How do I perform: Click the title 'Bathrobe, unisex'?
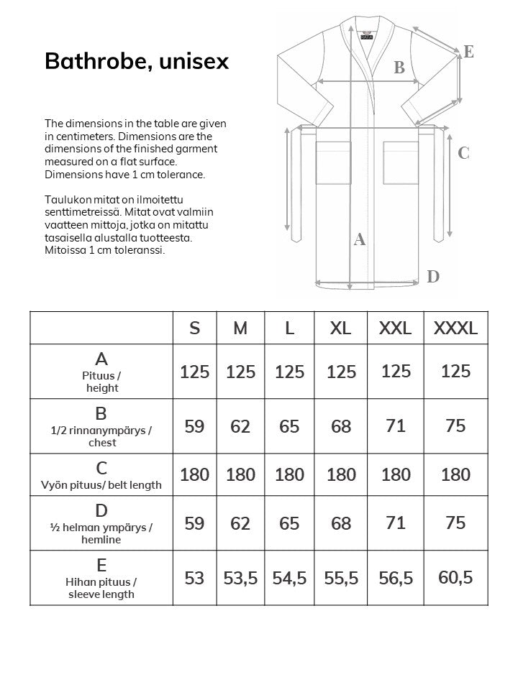pos(137,62)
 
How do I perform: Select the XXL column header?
pos(395,328)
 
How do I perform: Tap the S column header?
pos(194,328)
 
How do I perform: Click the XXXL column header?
pos(455,328)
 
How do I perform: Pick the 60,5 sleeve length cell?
pos(455,576)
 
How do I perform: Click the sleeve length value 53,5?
pos(240,578)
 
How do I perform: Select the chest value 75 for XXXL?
pos(455,425)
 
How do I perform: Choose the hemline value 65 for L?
pos(289,523)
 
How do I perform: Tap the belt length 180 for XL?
pos(341,475)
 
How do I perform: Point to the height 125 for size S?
pos(194,372)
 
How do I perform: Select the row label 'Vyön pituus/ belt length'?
pos(101,484)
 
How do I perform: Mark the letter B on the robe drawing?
pos(399,68)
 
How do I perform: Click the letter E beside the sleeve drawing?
pos(468,51)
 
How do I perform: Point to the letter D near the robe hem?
pos(432,276)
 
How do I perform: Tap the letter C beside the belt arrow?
pos(463,153)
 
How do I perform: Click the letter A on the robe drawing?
pos(360,240)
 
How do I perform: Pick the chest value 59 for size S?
pos(194,426)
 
